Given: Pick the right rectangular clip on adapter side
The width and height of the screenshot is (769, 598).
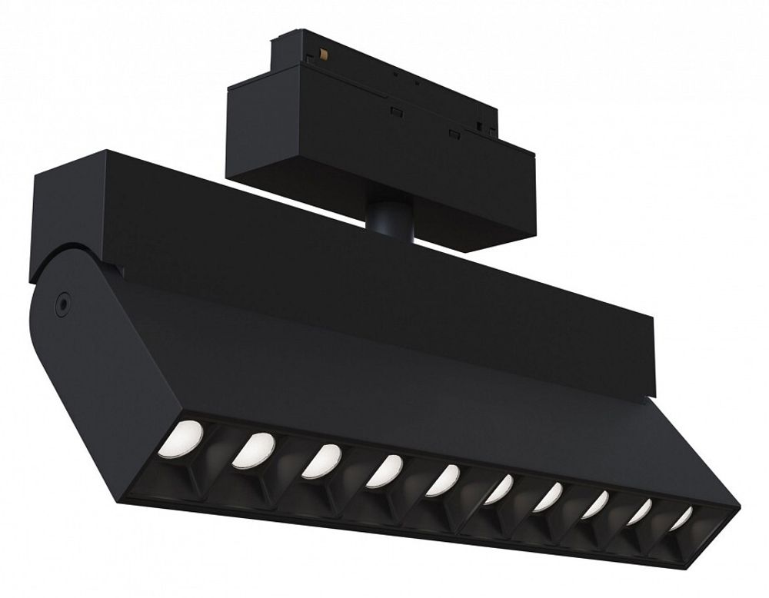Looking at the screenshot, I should pyautogui.click(x=455, y=135).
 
